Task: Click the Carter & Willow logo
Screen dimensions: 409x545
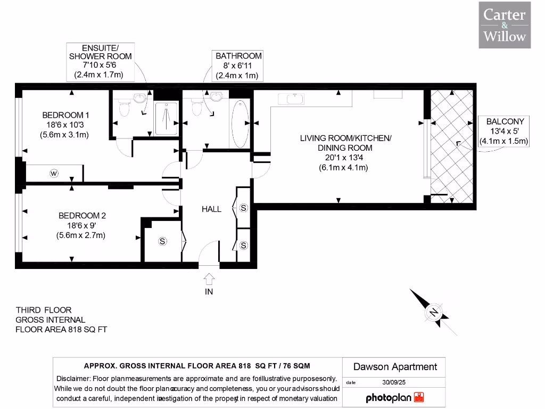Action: (505, 25)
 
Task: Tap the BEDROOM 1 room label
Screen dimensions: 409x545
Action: (66, 115)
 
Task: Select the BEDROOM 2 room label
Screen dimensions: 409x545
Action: (82, 216)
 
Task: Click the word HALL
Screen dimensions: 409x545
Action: (211, 209)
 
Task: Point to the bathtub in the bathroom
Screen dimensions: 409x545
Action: (240, 124)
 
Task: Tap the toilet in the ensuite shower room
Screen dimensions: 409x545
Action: (124, 109)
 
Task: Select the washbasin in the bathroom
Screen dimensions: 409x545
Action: (217, 96)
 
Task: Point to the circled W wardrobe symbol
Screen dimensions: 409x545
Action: (54, 173)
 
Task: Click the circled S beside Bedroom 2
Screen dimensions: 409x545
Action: (162, 242)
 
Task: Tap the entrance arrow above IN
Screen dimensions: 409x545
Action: (209, 279)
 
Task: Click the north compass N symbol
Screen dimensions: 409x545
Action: (434, 312)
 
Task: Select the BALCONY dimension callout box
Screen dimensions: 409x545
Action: (503, 131)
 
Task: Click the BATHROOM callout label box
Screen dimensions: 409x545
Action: (238, 66)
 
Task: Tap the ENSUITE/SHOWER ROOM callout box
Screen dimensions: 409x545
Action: (100, 61)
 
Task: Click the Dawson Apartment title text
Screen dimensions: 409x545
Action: (395, 366)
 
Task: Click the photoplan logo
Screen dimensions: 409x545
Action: (394, 397)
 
